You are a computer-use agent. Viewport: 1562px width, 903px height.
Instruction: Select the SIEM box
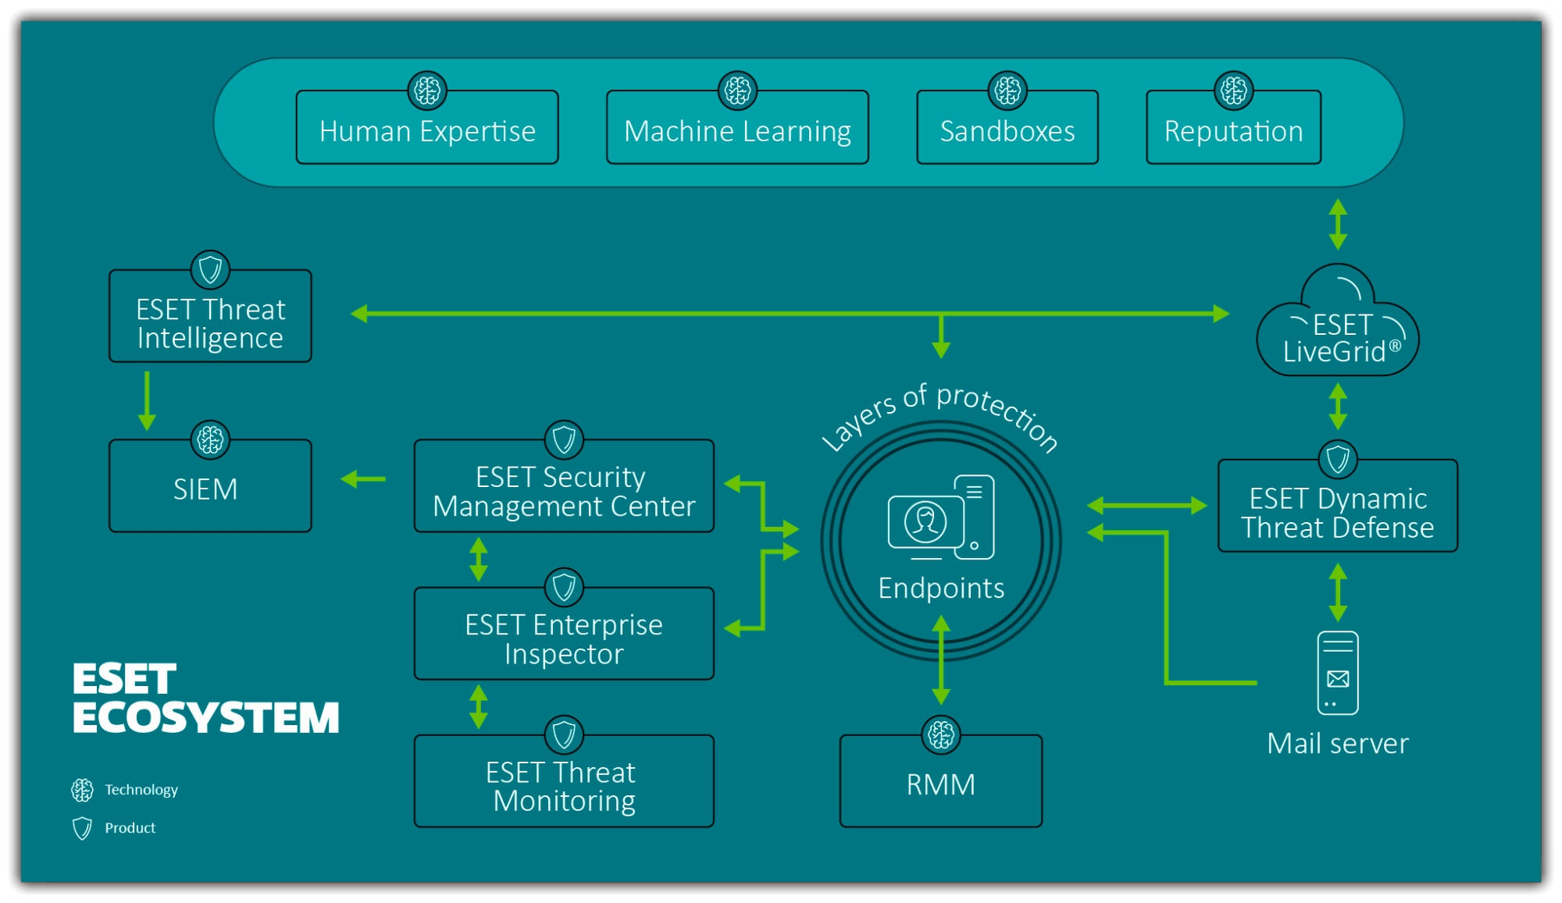(210, 487)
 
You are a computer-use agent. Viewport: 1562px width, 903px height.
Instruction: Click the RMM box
(940, 783)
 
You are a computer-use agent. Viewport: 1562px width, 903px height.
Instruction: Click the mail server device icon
(1337, 673)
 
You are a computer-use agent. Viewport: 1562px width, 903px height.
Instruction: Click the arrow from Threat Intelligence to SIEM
(147, 400)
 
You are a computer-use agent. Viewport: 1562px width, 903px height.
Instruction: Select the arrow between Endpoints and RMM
(941, 660)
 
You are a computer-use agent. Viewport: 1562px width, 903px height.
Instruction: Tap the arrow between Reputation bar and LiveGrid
(1338, 224)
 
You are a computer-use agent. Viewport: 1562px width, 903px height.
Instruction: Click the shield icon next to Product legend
(82, 828)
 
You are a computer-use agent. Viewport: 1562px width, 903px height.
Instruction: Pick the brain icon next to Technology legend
(82, 790)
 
